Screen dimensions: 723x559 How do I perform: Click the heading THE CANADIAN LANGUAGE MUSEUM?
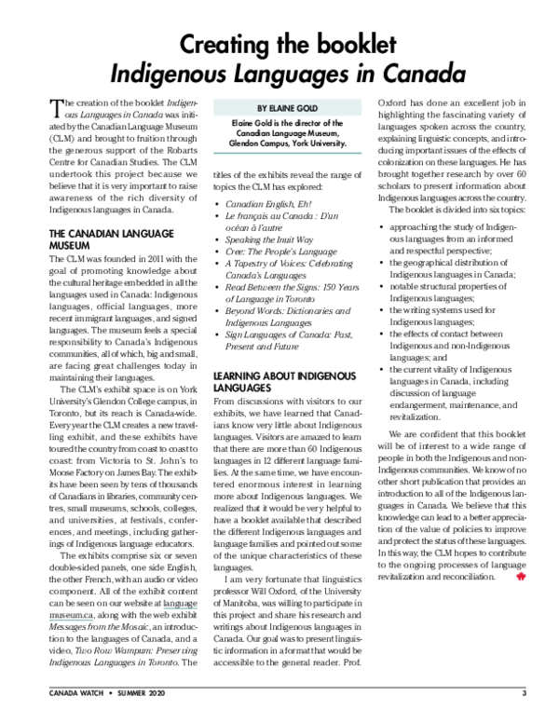point(96,239)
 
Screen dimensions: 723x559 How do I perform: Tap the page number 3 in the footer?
point(524,694)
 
